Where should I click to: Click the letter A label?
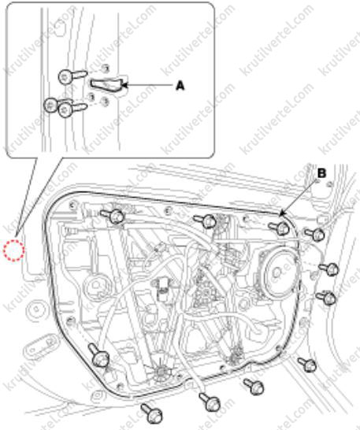click(180, 86)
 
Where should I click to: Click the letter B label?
click(321, 173)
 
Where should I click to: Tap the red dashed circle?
click(13, 250)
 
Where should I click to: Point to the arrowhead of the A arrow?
click(124, 85)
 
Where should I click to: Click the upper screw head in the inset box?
click(65, 76)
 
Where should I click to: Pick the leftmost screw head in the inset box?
click(50, 105)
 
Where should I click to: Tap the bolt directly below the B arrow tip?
click(280, 228)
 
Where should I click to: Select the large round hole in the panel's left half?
click(95, 287)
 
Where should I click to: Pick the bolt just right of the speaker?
click(328, 269)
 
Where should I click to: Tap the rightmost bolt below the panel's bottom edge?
click(308, 365)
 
